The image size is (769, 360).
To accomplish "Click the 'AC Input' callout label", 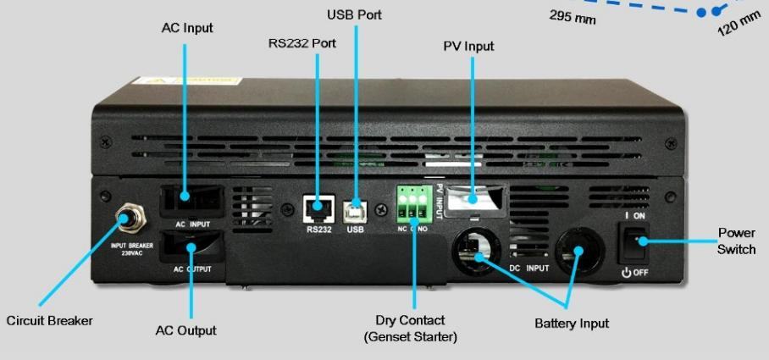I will pos(187,28).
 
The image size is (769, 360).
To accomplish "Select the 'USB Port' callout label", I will pos(354,14).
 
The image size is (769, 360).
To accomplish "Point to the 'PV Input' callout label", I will pos(468,46).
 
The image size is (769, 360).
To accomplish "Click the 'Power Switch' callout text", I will pos(736,241).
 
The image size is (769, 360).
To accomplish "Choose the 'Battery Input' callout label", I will pos(572,323).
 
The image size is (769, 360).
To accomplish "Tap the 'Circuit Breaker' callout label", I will pos(49,320).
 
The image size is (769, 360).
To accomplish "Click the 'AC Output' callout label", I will pos(185,330).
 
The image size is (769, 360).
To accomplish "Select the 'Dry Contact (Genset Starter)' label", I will pos(410,329).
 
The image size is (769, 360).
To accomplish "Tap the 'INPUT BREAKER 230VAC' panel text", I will pos(130,249).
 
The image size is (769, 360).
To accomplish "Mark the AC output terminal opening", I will pos(191,247).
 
